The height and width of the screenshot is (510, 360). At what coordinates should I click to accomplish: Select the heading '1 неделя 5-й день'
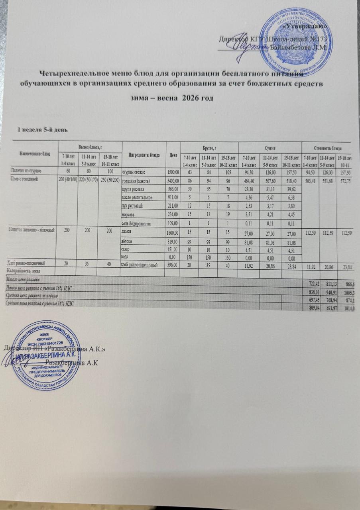click(x=39, y=129)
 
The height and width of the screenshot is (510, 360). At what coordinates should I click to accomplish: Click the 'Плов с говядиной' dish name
click(x=24, y=180)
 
